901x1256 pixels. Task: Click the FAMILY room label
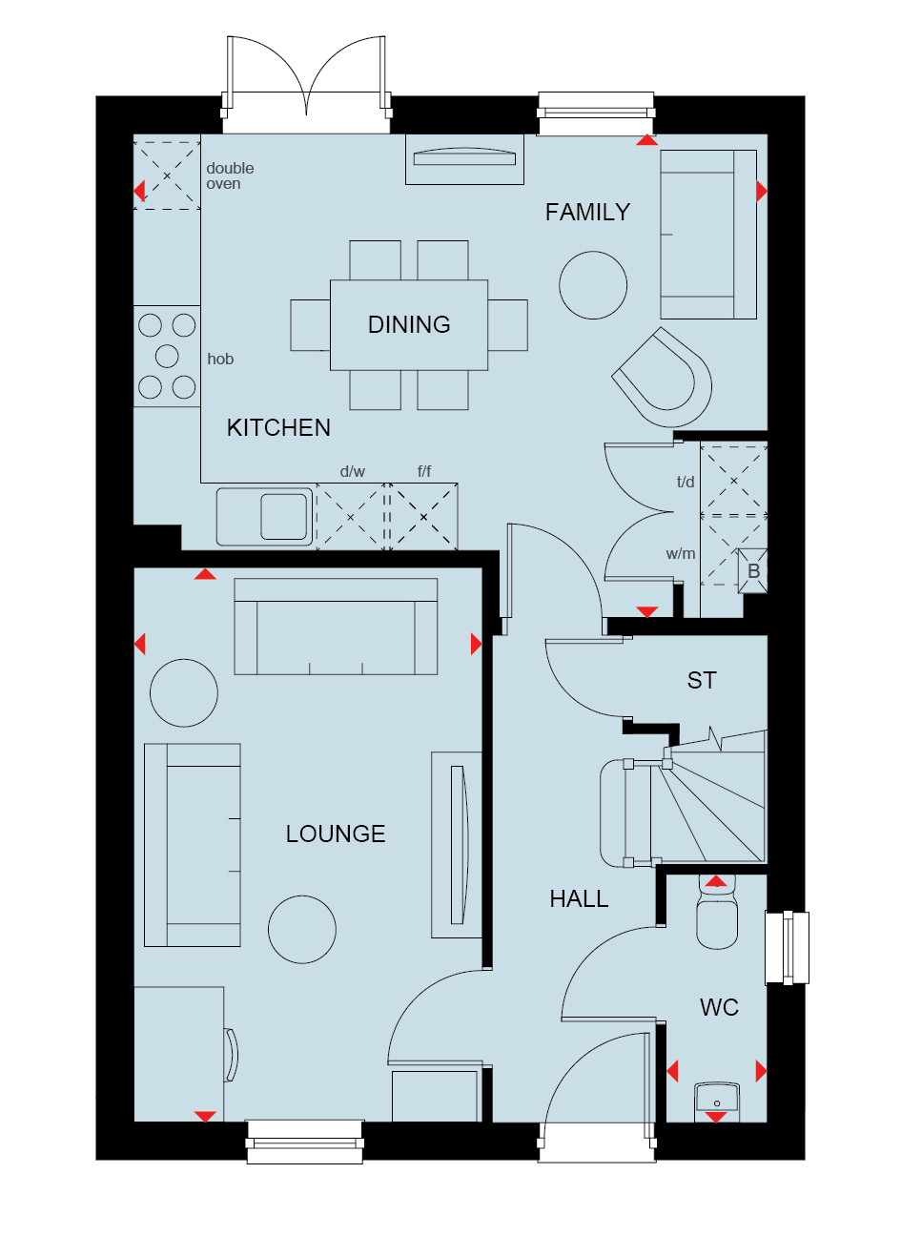coord(587,213)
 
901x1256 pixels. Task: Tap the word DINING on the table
coord(409,324)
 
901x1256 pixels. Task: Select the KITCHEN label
coord(278,428)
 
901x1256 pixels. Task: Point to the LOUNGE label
coord(336,834)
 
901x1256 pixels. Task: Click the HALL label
coord(579,898)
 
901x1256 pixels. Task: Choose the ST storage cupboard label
coord(702,680)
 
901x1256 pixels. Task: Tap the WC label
coord(719,1008)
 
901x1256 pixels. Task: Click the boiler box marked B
coord(752,571)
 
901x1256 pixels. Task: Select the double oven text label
coord(230,176)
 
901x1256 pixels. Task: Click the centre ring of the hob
coord(167,356)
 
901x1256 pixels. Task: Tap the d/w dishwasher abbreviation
coord(352,471)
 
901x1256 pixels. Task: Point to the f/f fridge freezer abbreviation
coord(424,471)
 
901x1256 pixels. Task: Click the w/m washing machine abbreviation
coord(681,554)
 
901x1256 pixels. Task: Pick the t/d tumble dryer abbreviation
coord(686,482)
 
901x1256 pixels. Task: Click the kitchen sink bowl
coord(284,516)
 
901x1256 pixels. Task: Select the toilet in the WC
coord(717,913)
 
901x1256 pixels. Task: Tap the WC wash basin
coord(717,1102)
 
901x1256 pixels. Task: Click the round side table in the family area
coord(593,285)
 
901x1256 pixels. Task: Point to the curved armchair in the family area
coord(662,378)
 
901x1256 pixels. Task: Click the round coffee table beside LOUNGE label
coord(302,930)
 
